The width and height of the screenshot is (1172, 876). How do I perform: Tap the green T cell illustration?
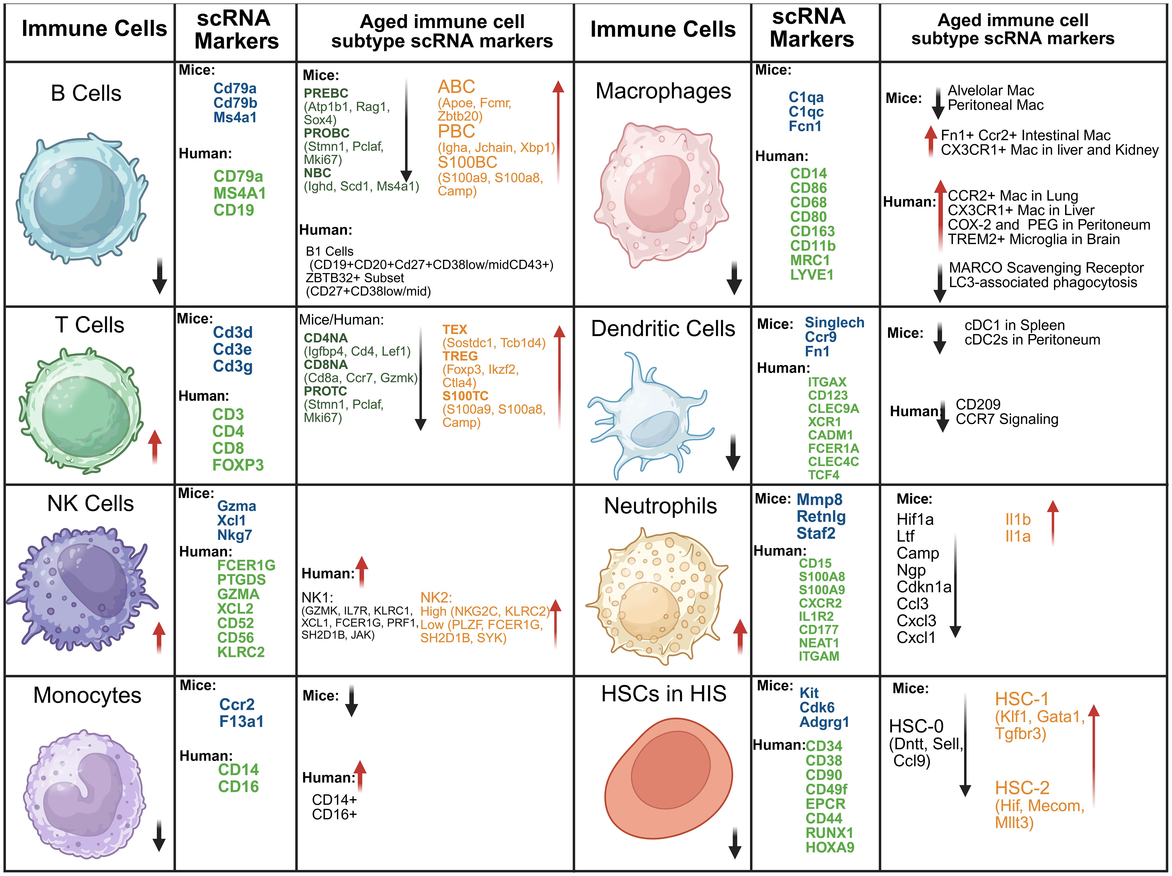click(82, 411)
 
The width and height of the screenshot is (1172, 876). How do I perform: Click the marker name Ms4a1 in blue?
click(235, 117)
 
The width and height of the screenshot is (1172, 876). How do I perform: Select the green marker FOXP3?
click(238, 465)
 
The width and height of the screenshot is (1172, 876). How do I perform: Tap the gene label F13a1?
click(241, 721)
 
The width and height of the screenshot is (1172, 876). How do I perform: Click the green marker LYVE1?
click(812, 274)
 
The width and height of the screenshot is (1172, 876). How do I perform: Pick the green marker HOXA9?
click(830, 847)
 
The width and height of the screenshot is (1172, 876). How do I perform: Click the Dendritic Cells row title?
click(663, 329)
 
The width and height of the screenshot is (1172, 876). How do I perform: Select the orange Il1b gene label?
click(1017, 519)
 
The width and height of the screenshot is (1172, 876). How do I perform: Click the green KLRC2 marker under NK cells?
click(241, 652)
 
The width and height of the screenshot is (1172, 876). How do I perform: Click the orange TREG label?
click(460, 356)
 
